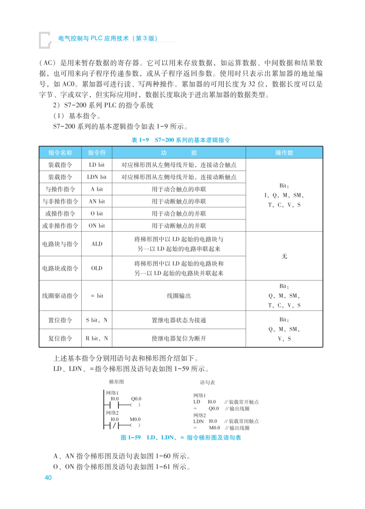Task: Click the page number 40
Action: point(48,478)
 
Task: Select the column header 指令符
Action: point(97,153)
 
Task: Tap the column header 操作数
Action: point(284,153)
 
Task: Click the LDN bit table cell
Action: point(97,177)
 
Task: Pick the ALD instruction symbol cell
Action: point(97,244)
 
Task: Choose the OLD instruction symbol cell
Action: point(97,268)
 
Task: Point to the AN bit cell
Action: point(97,201)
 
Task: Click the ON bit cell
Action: point(97,226)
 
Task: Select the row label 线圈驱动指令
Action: point(60,296)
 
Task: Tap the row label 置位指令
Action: point(60,320)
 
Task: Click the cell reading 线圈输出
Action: point(179,296)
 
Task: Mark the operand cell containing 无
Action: point(284,256)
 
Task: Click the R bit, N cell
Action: point(97,338)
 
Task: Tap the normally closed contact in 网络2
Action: point(115,425)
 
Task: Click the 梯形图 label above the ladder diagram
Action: point(116,382)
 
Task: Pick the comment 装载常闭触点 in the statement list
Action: point(244,421)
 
